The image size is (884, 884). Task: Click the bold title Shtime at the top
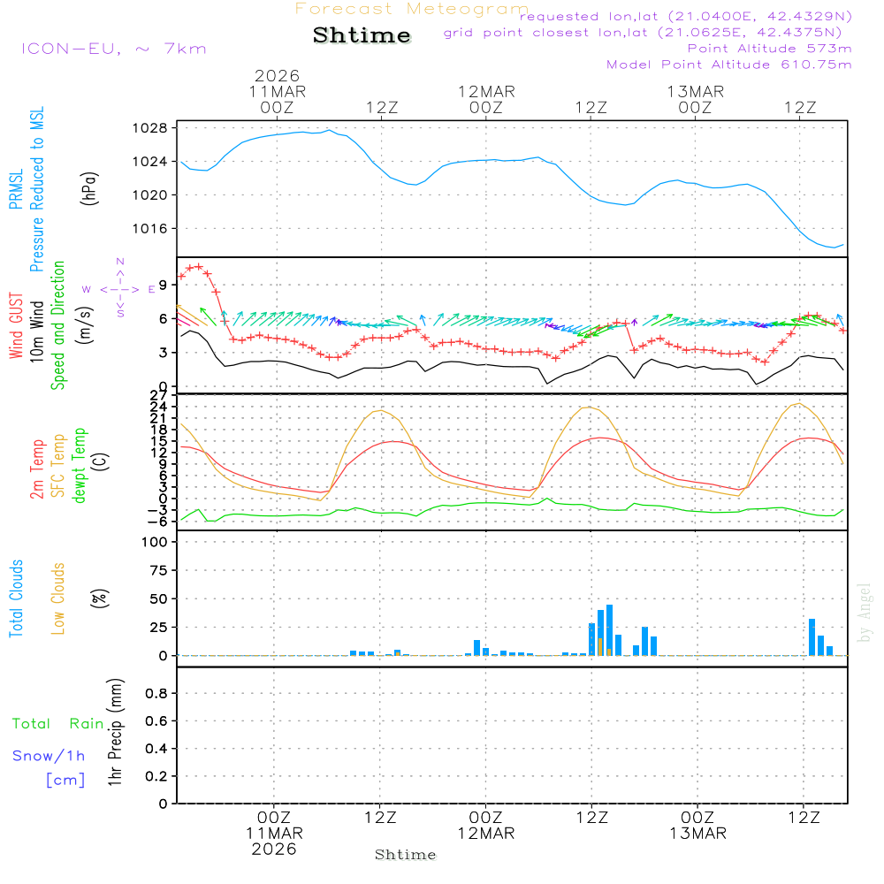click(x=362, y=35)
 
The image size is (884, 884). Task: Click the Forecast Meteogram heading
click(x=411, y=9)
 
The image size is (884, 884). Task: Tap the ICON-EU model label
click(x=113, y=49)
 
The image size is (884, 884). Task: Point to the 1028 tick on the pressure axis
click(x=154, y=128)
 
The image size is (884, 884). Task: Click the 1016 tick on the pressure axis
click(x=154, y=228)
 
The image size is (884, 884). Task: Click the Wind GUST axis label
click(x=16, y=327)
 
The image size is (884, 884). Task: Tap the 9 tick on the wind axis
click(x=164, y=286)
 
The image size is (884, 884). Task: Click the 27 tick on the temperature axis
click(x=159, y=395)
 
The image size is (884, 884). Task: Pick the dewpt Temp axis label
click(x=80, y=466)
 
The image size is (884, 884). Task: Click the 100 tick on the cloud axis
click(x=155, y=542)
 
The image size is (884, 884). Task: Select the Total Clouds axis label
click(x=16, y=598)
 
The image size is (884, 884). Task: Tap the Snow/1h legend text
click(x=50, y=756)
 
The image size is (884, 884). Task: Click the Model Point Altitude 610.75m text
click(x=728, y=65)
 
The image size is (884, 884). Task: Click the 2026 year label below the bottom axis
click(x=274, y=849)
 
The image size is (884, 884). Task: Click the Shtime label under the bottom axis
click(x=406, y=855)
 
